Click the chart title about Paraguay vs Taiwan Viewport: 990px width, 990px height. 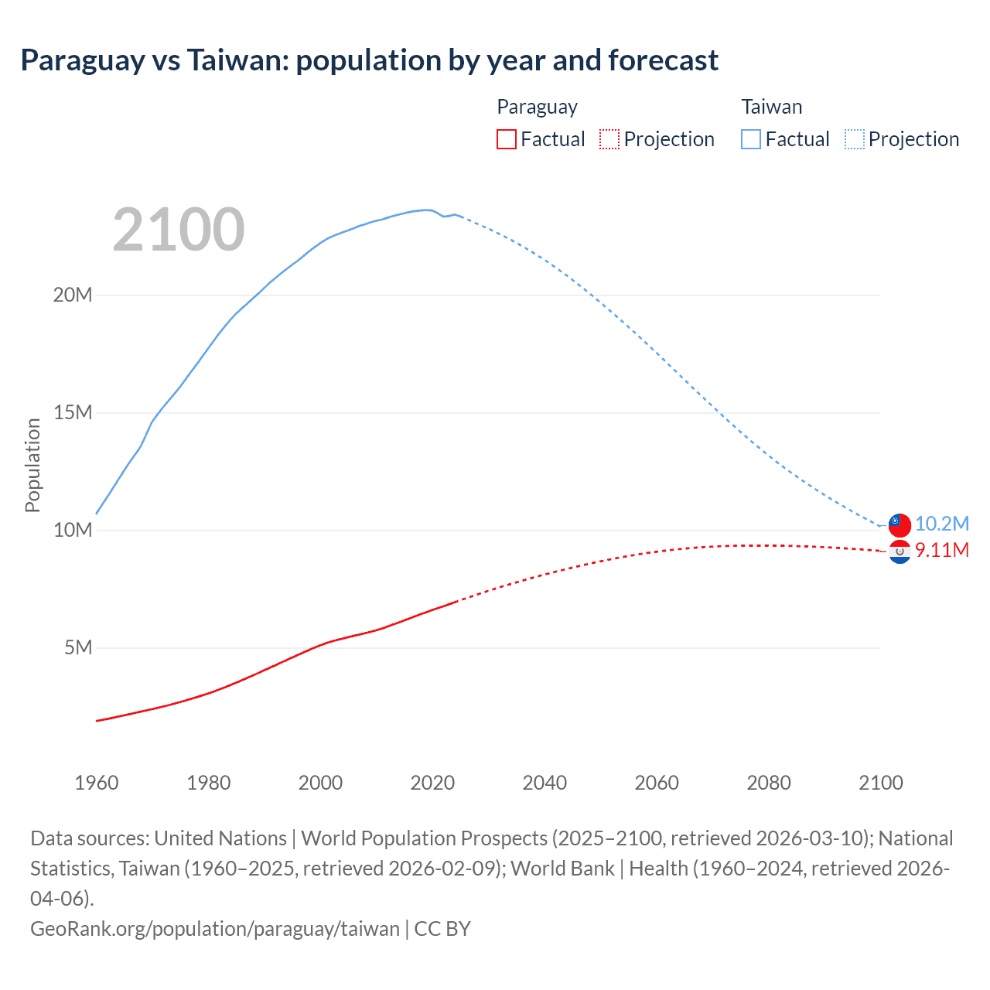click(369, 60)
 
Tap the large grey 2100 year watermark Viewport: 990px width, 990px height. click(179, 230)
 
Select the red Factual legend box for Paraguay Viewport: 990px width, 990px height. click(506, 139)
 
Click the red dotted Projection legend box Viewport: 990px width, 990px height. click(609, 139)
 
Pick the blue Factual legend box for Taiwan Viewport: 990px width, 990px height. click(750, 139)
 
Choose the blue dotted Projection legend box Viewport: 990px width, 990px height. click(854, 139)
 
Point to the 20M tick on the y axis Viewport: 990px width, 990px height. click(72, 295)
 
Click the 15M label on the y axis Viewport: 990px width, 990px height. click(72, 413)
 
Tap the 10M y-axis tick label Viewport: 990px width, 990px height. click(72, 531)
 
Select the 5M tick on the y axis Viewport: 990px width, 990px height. click(77, 648)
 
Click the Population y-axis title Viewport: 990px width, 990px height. click(32, 465)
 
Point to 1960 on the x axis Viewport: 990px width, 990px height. click(97, 783)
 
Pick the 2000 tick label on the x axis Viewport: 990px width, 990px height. click(320, 783)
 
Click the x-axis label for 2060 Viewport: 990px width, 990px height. click(657, 783)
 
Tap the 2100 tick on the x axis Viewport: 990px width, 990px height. click(881, 783)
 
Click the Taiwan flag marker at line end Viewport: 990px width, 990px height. click(900, 524)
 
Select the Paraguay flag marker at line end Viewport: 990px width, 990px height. click(900, 551)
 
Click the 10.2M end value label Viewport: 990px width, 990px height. click(942, 524)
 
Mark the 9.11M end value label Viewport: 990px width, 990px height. click(942, 550)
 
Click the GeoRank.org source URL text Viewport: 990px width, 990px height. click(214, 929)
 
